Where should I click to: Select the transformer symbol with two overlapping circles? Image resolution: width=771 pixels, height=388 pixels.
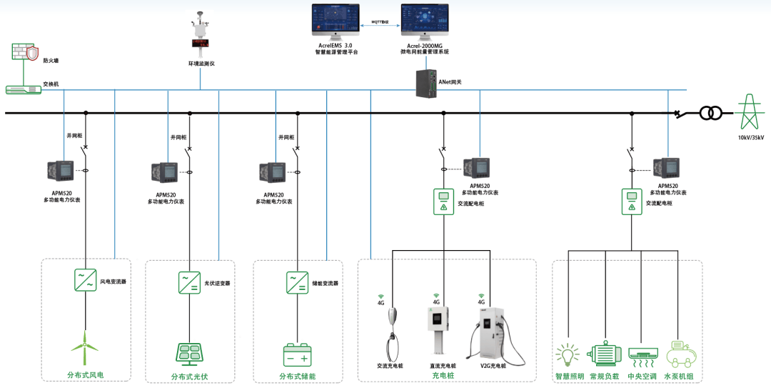click(x=710, y=113)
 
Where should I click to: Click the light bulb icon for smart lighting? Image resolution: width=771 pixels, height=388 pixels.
click(x=568, y=354)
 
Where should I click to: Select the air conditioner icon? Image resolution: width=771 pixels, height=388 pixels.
click(x=642, y=354)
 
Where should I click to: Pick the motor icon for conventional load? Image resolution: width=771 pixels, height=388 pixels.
click(x=604, y=354)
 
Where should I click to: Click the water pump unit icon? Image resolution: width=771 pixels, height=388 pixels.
click(x=678, y=354)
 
